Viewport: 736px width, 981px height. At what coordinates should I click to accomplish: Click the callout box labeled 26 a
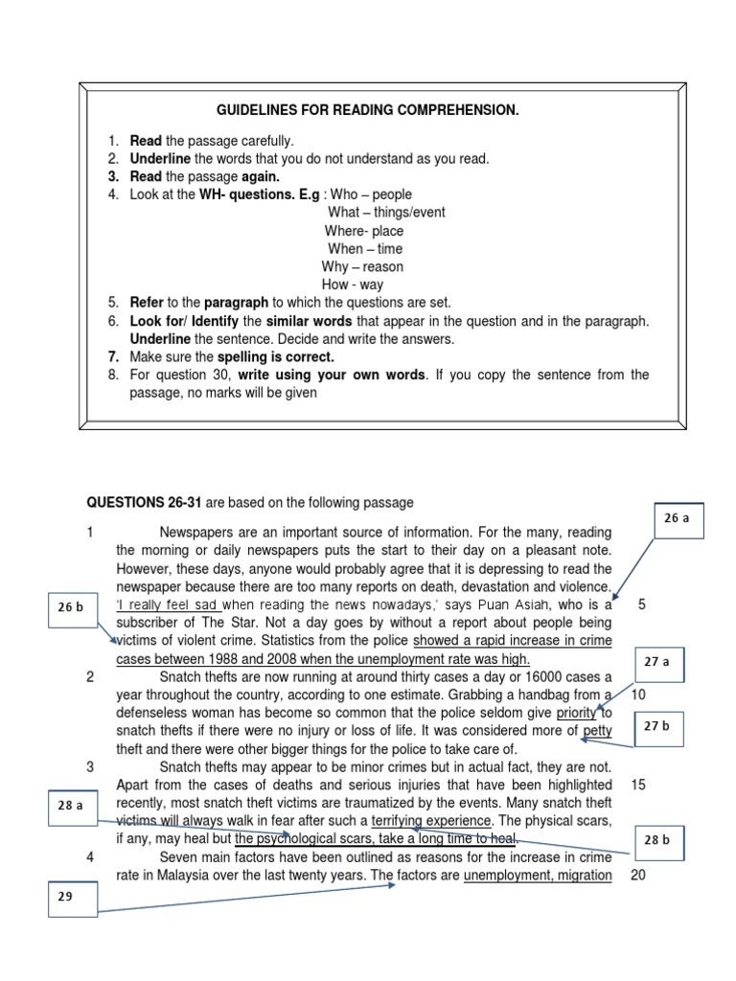coord(677,518)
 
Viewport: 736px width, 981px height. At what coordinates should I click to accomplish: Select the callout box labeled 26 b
coord(70,607)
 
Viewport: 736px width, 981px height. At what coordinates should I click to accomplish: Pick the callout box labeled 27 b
coord(656,726)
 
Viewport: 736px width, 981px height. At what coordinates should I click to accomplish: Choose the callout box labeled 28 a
coord(70,805)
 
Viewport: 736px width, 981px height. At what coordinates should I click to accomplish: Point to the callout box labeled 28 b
coord(656,840)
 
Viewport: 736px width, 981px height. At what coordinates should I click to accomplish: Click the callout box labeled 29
coord(65,898)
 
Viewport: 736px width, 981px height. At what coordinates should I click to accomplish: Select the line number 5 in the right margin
coord(641,605)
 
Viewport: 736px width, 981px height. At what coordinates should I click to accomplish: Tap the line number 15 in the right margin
coord(638,785)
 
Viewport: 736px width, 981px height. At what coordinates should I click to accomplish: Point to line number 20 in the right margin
coord(638,876)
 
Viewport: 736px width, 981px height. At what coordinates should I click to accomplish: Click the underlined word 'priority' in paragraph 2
coord(576,713)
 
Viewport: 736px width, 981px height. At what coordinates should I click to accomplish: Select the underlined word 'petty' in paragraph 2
coord(597,731)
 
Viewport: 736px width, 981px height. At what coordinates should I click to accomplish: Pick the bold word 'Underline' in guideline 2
coord(160,159)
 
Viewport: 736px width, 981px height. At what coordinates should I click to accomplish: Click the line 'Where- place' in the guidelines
coord(363,231)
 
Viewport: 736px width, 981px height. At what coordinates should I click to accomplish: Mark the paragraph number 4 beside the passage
coord(90,857)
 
